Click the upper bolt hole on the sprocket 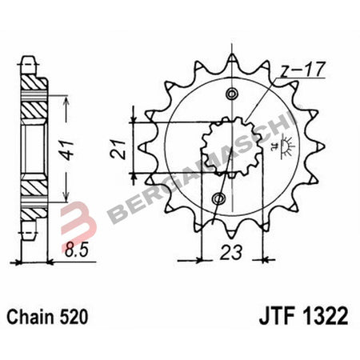233,94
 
